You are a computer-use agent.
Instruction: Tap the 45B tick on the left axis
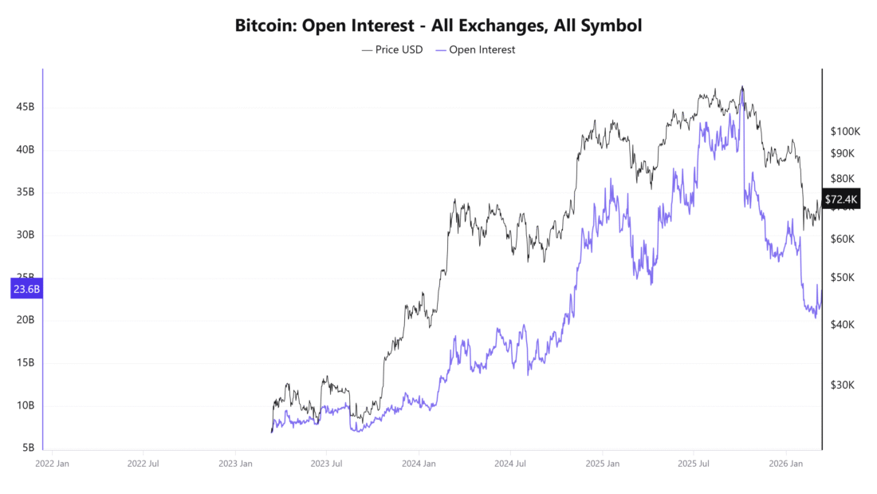[x=25, y=107]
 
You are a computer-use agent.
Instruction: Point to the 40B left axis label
[x=25, y=150]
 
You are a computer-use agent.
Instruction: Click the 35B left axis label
[x=25, y=192]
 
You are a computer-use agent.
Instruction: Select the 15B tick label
[x=25, y=362]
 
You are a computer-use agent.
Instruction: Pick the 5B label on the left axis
[x=28, y=448]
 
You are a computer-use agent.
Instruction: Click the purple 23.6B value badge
[x=26, y=289]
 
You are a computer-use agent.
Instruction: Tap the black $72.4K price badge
[x=842, y=199]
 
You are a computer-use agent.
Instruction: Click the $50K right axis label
[x=843, y=278]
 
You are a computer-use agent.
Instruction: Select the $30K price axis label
[x=843, y=385]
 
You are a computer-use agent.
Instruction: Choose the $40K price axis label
[x=843, y=325]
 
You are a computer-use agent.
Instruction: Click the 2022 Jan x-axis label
[x=53, y=463]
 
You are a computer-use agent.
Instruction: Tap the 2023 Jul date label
[x=326, y=463]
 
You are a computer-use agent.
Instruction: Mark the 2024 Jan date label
[x=419, y=463]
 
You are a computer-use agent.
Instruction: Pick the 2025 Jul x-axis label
[x=694, y=463]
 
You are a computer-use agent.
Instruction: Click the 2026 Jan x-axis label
[x=785, y=463]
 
